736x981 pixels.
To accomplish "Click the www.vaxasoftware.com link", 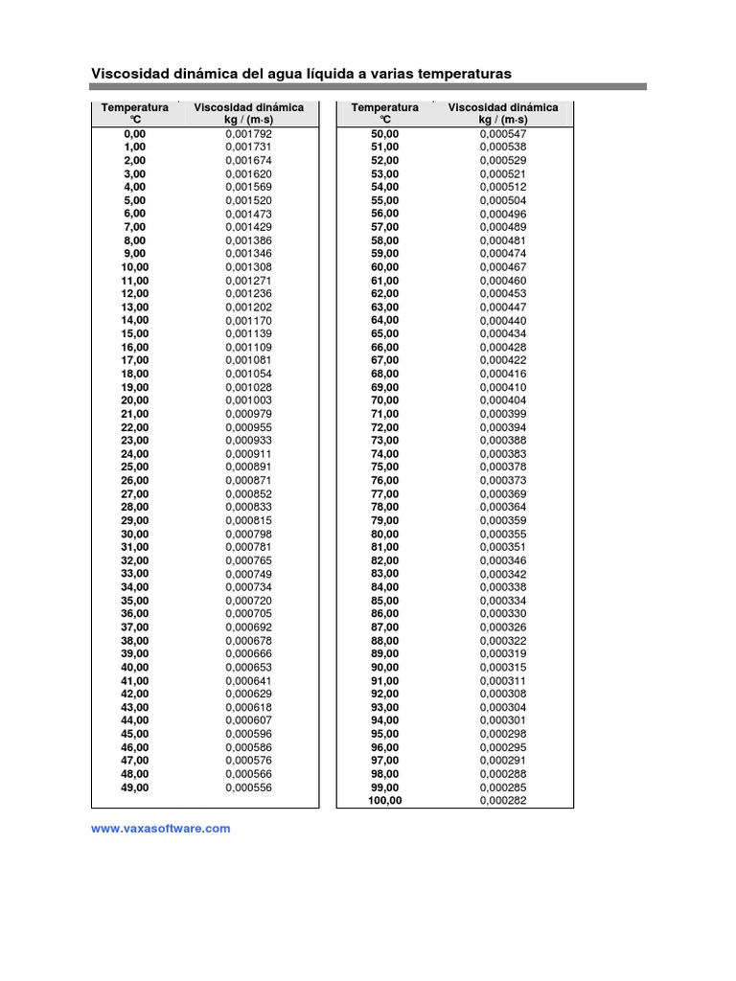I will (x=160, y=829).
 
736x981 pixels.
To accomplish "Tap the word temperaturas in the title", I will (x=461, y=73).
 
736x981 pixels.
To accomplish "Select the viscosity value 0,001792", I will (x=249, y=134).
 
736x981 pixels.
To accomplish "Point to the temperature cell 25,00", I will (x=135, y=468).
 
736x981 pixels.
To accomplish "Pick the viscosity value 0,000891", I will (x=249, y=468).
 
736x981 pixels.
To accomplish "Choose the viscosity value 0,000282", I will (x=503, y=801).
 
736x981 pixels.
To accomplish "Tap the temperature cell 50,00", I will (x=384, y=134).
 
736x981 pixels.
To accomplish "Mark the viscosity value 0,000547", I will (x=503, y=134).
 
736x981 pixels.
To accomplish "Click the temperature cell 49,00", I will (x=135, y=787).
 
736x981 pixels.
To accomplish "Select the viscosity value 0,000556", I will (x=249, y=787).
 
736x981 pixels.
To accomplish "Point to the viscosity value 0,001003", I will (x=249, y=400).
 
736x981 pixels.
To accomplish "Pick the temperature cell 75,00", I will (x=384, y=468).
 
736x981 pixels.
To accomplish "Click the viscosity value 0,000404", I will (x=503, y=400).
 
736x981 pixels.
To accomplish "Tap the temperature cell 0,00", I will (x=135, y=134).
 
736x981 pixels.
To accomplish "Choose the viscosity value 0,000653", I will (x=249, y=668).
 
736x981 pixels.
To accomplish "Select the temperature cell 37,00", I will (x=135, y=627).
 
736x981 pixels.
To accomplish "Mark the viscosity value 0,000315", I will (x=503, y=668).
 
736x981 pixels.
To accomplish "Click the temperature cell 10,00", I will (x=135, y=267).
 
